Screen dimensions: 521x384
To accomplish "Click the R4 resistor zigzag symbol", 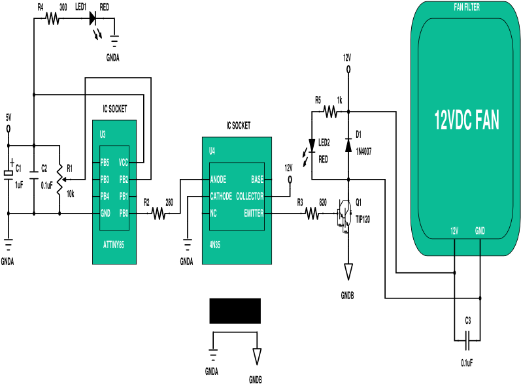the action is coord(53,18).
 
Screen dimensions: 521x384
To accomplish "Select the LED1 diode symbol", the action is coord(93,18).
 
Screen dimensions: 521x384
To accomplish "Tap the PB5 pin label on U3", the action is coord(105,163).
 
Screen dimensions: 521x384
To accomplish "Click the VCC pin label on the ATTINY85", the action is coord(124,163).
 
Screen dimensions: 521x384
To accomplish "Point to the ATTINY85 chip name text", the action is coord(114,245).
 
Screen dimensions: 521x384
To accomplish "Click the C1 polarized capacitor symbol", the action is coord(8,173).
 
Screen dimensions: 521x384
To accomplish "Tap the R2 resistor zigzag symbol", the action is coord(158,213).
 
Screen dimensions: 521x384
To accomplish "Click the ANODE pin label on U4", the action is coord(218,180).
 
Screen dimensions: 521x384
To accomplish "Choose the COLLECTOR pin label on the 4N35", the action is coord(250,196).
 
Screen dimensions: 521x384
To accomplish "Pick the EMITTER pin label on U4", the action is coord(254,213).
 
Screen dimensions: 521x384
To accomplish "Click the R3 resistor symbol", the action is coord(312,213).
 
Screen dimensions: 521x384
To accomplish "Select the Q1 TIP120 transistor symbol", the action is coord(345,214).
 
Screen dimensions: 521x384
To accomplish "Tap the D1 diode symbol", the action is coord(348,146).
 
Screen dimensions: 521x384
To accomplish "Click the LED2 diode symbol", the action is coord(312,146).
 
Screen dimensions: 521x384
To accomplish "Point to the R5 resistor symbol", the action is coord(330,112).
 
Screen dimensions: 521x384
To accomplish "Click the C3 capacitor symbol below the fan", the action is coord(467,340).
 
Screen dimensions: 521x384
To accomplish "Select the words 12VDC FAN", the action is coord(467,120).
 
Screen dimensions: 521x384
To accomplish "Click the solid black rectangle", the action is coord(235,311).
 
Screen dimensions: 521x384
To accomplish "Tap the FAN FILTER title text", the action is coord(467,7).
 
